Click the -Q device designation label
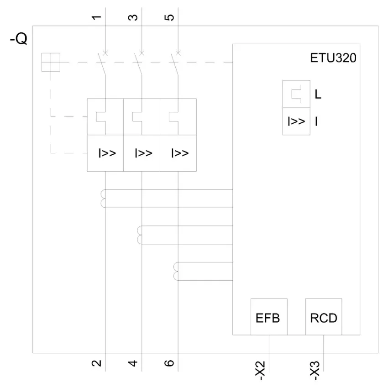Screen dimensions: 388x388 click(x=19, y=39)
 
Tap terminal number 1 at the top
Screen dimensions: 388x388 click(x=96, y=17)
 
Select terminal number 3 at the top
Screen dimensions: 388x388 click(x=133, y=17)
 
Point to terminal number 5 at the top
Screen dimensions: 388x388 click(x=169, y=17)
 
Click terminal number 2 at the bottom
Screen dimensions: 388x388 click(x=96, y=363)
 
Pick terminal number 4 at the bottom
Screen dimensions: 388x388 click(x=133, y=363)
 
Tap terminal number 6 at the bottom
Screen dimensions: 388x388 click(x=169, y=363)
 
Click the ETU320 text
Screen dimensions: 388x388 click(x=333, y=58)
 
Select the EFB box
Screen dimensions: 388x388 click(x=269, y=317)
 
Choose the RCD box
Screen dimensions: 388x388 click(x=324, y=317)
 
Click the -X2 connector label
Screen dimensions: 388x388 click(x=260, y=371)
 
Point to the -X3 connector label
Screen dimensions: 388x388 click(x=315, y=371)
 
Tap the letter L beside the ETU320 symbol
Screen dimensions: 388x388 click(x=318, y=94)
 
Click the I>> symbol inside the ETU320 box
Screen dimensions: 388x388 click(x=296, y=121)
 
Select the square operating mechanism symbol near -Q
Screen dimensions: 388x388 click(x=51, y=62)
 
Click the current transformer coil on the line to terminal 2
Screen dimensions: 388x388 click(x=104, y=199)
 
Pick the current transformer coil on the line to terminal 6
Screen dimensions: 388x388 click(x=176, y=272)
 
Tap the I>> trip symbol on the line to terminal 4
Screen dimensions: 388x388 click(x=143, y=153)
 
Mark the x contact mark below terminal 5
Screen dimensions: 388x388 click(x=178, y=53)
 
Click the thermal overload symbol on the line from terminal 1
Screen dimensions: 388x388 click(x=101, y=117)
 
